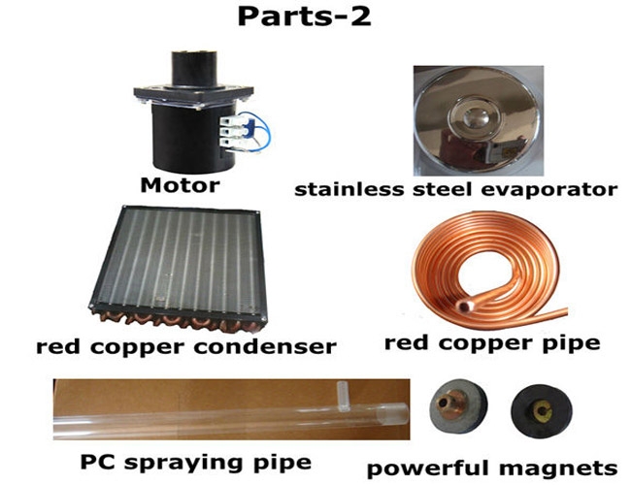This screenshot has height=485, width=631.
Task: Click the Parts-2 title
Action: tap(304, 17)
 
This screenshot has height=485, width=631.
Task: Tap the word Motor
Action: tap(180, 185)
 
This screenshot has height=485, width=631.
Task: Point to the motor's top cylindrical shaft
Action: tap(194, 68)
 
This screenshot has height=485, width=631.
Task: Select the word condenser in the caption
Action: tap(265, 346)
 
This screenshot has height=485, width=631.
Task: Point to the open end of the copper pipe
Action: tap(466, 307)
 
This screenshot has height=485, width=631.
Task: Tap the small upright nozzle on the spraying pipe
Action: tap(344, 396)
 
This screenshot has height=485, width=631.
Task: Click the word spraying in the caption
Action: tap(183, 463)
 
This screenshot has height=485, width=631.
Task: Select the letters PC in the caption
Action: tap(98, 462)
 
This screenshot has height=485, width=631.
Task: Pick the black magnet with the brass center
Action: tap(542, 409)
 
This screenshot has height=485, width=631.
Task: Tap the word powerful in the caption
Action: tap(429, 469)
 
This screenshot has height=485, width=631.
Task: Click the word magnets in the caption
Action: tap(558, 469)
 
